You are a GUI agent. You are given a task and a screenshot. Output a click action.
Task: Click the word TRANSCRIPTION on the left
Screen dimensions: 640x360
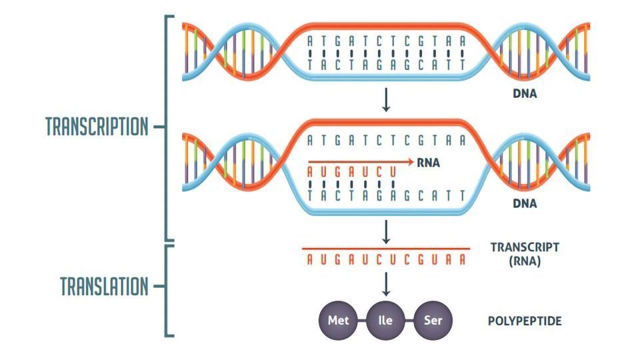click(97, 127)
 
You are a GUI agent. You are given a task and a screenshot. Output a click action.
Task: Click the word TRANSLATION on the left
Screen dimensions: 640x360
click(104, 286)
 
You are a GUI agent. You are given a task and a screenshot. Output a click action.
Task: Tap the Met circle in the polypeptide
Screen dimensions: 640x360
click(338, 321)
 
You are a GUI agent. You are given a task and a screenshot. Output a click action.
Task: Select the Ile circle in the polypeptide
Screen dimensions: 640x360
click(385, 321)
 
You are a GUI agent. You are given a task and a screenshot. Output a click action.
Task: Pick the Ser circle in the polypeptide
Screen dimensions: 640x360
click(433, 321)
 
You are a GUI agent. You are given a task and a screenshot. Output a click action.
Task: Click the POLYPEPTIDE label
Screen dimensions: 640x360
click(525, 321)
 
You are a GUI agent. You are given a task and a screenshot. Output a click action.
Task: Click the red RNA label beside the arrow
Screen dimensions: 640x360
click(428, 163)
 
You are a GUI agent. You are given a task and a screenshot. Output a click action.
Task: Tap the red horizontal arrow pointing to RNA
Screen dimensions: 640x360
click(361, 162)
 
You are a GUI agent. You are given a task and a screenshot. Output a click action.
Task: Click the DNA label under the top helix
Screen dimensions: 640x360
click(525, 93)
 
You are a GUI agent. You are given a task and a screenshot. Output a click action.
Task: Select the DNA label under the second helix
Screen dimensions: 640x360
click(525, 203)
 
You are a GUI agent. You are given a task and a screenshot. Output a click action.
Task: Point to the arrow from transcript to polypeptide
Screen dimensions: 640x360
click(386, 285)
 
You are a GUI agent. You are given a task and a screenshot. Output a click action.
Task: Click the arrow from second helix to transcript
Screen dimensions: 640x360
click(386, 232)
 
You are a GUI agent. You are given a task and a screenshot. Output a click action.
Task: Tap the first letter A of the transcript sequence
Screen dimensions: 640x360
click(310, 259)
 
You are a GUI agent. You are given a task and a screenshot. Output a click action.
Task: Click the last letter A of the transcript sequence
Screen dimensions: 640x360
click(463, 259)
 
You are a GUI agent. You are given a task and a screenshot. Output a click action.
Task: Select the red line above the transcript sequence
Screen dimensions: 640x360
click(386, 248)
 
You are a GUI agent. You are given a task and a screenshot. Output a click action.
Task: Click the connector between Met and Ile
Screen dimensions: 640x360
click(361, 321)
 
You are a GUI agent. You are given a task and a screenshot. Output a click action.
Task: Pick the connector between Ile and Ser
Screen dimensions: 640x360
click(409, 321)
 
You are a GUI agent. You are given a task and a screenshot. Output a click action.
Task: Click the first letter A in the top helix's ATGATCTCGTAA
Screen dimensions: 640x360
click(310, 41)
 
